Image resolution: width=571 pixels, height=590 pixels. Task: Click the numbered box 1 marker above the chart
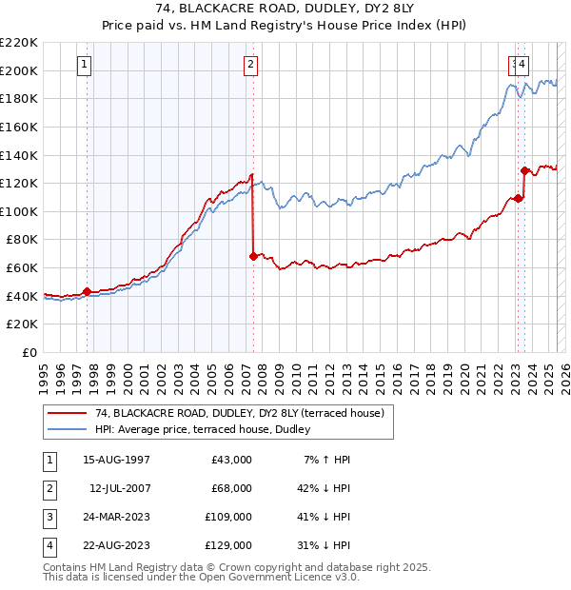86,65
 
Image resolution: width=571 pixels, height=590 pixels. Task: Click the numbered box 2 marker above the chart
250,65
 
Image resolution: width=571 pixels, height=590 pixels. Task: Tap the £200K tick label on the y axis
19,70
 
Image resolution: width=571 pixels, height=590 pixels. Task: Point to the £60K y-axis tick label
22,268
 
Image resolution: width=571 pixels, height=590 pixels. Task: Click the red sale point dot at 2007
253,256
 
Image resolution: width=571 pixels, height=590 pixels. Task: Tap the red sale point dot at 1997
87,291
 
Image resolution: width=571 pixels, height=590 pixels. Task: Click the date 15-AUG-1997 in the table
116,460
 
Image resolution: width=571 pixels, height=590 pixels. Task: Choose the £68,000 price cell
231,488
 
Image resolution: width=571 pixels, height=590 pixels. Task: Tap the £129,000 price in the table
228,545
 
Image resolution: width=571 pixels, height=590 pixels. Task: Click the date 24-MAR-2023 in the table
116,517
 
